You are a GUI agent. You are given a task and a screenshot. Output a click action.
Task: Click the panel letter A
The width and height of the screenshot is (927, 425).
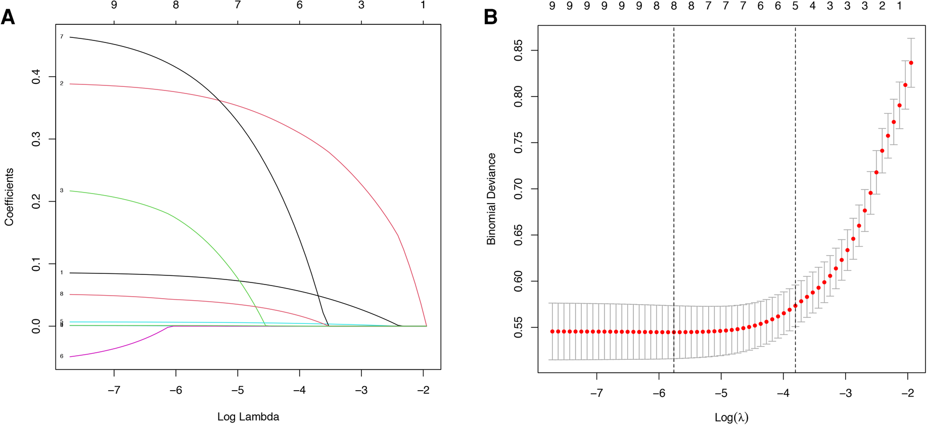pyautogui.click(x=8, y=17)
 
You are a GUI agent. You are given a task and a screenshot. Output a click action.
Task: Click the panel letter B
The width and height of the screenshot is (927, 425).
pyautogui.click(x=490, y=17)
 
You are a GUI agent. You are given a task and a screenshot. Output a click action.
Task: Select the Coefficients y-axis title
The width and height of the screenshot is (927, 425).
pyautogui.click(x=9, y=197)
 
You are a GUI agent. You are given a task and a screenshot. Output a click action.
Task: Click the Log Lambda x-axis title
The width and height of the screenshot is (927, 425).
pyautogui.click(x=248, y=417)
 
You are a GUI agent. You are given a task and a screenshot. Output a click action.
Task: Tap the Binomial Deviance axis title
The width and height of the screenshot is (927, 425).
pyautogui.click(x=491, y=199)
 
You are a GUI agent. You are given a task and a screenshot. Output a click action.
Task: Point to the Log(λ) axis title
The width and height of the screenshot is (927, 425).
pyautogui.click(x=731, y=417)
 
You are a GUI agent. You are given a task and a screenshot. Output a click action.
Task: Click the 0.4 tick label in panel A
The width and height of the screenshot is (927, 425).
pyautogui.click(x=36, y=77)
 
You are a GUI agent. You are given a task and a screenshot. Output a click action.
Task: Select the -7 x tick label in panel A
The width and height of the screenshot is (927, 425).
pyautogui.click(x=114, y=390)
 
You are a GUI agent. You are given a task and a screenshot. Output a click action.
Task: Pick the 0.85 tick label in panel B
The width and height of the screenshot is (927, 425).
pyautogui.click(x=519, y=50)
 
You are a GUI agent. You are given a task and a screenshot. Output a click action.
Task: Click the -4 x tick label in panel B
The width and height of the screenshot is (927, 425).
pyautogui.click(x=783, y=393)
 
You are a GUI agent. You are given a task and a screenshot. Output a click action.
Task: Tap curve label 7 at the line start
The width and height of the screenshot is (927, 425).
pyautogui.click(x=62, y=37)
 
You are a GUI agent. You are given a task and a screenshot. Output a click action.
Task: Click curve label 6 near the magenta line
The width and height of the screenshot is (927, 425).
pyautogui.click(x=62, y=356)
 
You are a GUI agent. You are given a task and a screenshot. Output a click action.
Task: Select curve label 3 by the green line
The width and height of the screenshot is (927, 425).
pyautogui.click(x=62, y=191)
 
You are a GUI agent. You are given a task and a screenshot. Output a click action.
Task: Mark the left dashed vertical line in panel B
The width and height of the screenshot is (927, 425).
pyautogui.click(x=674, y=202)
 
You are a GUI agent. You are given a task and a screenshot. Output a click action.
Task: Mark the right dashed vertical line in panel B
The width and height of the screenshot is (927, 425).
pyautogui.click(x=796, y=202)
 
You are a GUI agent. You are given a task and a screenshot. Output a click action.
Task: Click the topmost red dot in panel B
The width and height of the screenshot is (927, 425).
pyautogui.click(x=911, y=63)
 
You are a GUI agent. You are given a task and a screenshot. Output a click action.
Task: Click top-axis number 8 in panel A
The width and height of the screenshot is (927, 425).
pyautogui.click(x=176, y=5)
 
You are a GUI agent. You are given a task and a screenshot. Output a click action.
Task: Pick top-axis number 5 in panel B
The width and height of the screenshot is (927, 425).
pyautogui.click(x=795, y=6)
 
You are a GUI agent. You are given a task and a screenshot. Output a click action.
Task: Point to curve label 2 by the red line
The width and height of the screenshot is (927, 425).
pyautogui.click(x=62, y=83)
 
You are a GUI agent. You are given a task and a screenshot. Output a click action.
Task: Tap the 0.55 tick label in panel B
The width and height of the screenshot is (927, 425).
pyautogui.click(x=519, y=327)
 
